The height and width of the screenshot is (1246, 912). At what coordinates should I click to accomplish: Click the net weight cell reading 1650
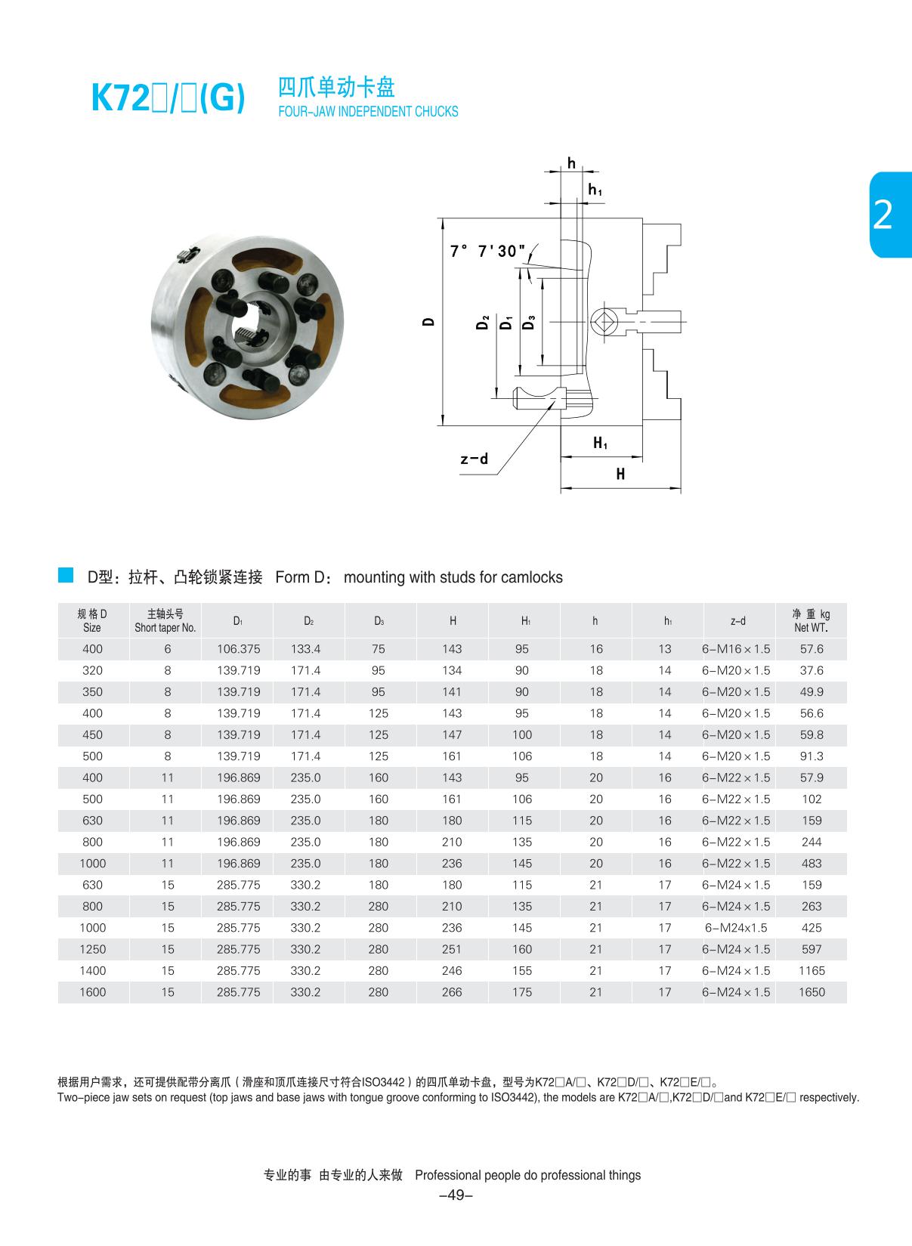click(812, 992)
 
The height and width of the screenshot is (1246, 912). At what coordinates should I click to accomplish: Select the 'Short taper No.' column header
click(165, 620)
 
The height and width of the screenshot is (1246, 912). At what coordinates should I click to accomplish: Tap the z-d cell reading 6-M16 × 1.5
click(736, 649)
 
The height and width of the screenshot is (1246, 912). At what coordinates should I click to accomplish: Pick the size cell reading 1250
click(92, 949)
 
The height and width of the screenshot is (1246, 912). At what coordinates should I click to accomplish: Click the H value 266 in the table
click(452, 992)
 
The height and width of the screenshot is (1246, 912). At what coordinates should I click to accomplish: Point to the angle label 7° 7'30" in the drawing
click(487, 251)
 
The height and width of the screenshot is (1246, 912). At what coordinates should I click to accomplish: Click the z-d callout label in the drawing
click(474, 459)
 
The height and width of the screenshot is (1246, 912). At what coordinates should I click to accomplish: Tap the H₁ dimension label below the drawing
click(600, 443)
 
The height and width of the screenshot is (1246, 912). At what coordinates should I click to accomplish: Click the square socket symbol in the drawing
click(604, 322)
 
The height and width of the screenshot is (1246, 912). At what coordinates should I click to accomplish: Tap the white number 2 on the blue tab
click(882, 215)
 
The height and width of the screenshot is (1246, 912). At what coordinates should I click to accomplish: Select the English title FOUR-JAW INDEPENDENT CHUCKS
click(368, 112)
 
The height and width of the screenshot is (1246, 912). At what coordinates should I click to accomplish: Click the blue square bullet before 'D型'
click(66, 575)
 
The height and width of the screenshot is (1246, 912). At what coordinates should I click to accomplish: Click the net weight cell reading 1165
click(812, 971)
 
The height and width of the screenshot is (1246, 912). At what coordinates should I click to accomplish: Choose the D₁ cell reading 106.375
click(238, 649)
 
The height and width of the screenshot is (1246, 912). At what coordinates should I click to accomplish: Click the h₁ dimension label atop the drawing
click(595, 190)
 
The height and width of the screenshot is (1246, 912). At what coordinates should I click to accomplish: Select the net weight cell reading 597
click(812, 949)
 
